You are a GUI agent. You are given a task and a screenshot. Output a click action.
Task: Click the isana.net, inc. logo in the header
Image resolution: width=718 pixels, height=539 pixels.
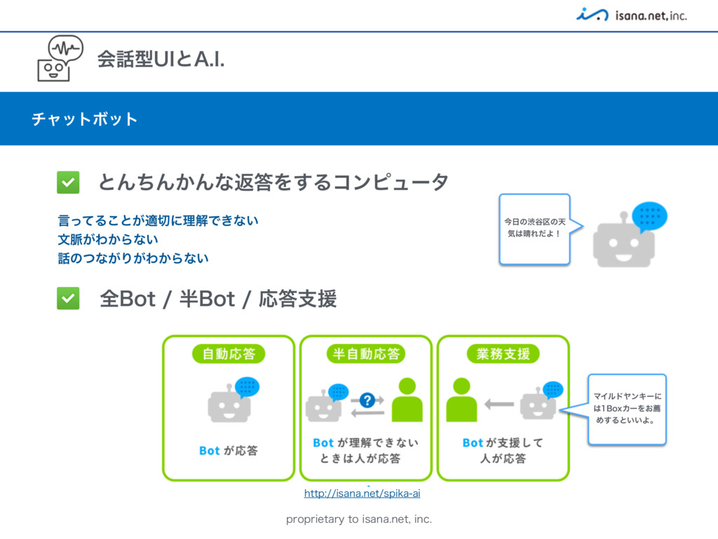click(631, 14)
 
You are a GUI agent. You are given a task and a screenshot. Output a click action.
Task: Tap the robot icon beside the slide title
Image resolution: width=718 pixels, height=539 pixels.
click(59, 59)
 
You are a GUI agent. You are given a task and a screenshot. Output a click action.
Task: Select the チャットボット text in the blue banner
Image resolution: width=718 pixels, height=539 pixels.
click(84, 119)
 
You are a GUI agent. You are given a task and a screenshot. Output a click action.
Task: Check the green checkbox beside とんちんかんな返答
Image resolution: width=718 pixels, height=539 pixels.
click(68, 182)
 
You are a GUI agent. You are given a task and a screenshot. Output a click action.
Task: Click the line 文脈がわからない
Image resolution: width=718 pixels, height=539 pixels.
click(108, 239)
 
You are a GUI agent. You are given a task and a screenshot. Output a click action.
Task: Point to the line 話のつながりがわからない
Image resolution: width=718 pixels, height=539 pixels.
click(133, 258)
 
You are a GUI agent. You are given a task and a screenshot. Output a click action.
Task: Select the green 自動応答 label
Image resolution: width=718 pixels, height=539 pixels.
click(229, 354)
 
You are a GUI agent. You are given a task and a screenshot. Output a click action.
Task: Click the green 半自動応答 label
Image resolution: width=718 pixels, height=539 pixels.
click(366, 354)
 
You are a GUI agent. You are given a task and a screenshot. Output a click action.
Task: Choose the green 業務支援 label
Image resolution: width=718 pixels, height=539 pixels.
click(503, 354)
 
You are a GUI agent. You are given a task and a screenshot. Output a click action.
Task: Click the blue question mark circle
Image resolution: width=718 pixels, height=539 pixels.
click(367, 400)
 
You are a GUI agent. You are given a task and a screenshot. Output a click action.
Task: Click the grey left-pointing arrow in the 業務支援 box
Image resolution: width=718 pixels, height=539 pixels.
click(499, 404)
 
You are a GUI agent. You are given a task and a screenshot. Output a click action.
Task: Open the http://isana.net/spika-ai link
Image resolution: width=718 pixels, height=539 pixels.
click(362, 494)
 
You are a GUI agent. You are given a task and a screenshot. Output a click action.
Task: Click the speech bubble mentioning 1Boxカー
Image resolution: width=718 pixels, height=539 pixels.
click(626, 408)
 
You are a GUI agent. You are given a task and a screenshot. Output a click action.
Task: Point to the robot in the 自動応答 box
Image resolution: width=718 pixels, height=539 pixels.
click(229, 404)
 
